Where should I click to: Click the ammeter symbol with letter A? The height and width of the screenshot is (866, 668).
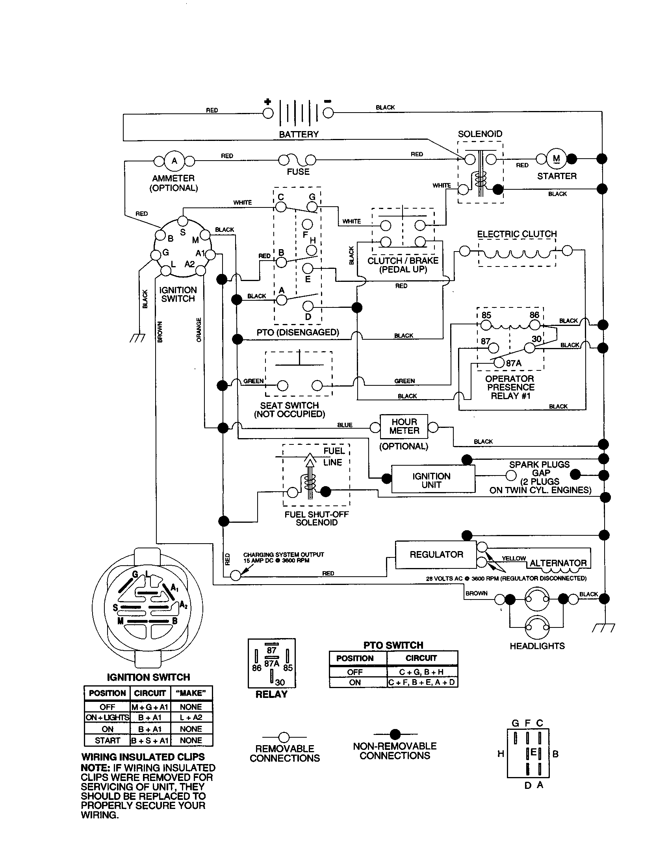[x=174, y=161]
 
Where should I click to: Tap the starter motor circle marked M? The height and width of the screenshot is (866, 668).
[x=556, y=159]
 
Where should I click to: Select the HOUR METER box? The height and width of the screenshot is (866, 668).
[x=404, y=426]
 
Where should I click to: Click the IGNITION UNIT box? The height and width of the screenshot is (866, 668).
[x=433, y=480]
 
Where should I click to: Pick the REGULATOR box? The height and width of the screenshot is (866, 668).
[x=436, y=554]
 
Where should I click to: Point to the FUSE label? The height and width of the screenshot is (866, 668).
[x=298, y=172]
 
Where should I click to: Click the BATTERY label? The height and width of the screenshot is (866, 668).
[x=299, y=134]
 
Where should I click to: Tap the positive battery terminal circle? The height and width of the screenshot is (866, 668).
[x=268, y=113]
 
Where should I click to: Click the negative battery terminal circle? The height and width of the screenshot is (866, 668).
[x=328, y=113]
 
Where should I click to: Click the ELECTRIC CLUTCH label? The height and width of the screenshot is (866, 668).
[x=516, y=234]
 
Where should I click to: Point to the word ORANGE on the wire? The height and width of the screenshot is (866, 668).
[x=199, y=329]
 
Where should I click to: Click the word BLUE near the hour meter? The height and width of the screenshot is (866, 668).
[x=344, y=425]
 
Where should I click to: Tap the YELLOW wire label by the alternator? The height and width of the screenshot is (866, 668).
[x=513, y=558]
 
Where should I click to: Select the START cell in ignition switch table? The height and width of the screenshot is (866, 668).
[x=107, y=740]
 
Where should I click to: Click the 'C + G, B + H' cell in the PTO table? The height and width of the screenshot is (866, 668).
[x=421, y=672]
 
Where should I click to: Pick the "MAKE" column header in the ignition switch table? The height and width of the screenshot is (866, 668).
[x=191, y=693]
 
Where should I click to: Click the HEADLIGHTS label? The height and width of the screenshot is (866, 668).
[x=537, y=646]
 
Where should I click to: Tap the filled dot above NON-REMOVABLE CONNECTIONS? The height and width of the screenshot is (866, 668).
[x=395, y=734]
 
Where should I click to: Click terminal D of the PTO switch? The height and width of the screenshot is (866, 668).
[x=308, y=306]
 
